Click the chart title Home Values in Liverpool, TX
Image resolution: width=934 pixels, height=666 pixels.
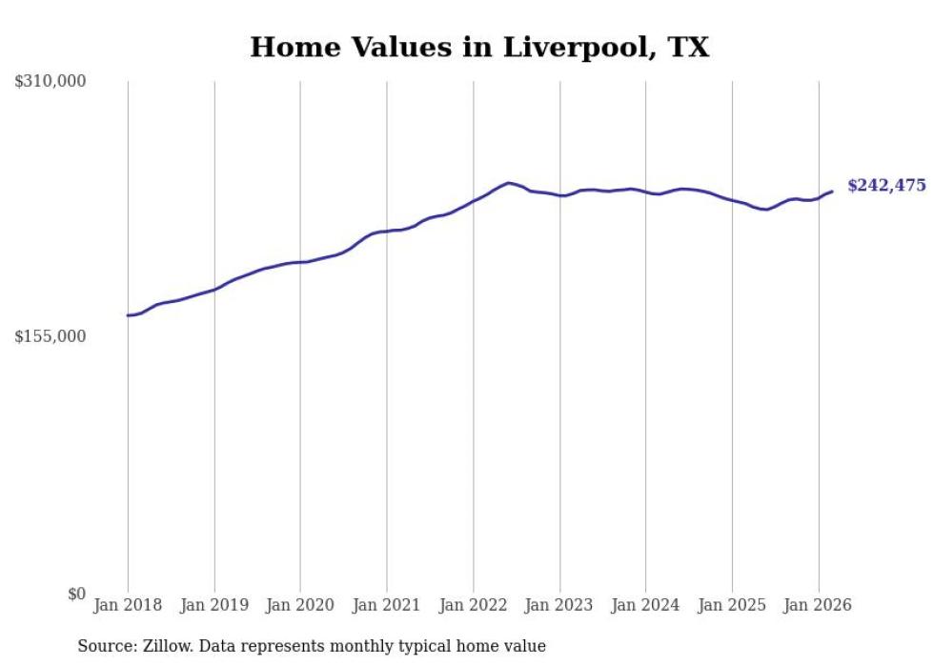point(479,48)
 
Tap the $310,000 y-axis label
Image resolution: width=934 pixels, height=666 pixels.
point(51,82)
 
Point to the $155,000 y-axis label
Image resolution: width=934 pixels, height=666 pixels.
point(51,336)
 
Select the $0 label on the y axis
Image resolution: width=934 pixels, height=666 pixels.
point(76,594)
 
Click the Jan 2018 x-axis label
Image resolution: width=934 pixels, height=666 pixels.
point(128,605)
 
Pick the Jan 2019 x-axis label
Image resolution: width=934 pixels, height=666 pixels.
point(214,605)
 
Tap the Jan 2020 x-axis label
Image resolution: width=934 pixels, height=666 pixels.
point(300,605)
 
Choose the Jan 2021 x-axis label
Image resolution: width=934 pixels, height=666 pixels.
point(387,605)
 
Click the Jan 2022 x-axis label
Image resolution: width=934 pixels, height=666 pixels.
point(474,605)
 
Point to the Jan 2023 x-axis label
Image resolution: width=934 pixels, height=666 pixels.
point(559,605)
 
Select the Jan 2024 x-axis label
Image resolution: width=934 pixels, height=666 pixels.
point(646,605)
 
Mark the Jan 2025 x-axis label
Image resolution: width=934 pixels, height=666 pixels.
point(732,605)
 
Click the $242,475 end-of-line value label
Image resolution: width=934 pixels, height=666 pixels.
point(886,186)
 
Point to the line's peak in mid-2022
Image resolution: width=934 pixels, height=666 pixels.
point(509,182)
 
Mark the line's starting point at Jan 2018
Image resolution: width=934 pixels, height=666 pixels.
point(128,315)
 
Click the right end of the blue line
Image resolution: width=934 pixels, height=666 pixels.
point(832,192)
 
